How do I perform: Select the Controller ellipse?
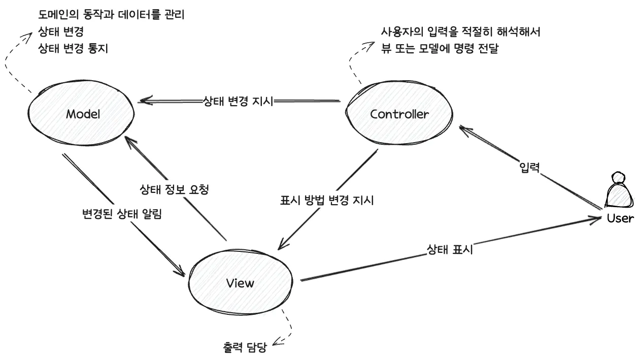[x=399, y=114]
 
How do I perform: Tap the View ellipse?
[x=240, y=283]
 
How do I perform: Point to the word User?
[x=620, y=218]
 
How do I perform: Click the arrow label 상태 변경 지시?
[x=238, y=101]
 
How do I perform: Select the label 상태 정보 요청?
[x=174, y=190]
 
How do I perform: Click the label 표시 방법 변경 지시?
[x=327, y=200]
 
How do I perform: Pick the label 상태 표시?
[x=450, y=249]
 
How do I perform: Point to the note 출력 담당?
[x=245, y=348]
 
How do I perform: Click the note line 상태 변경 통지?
[x=73, y=48]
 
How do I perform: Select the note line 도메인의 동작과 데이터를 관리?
[x=111, y=15]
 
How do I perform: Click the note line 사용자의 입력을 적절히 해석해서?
[x=460, y=32]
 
